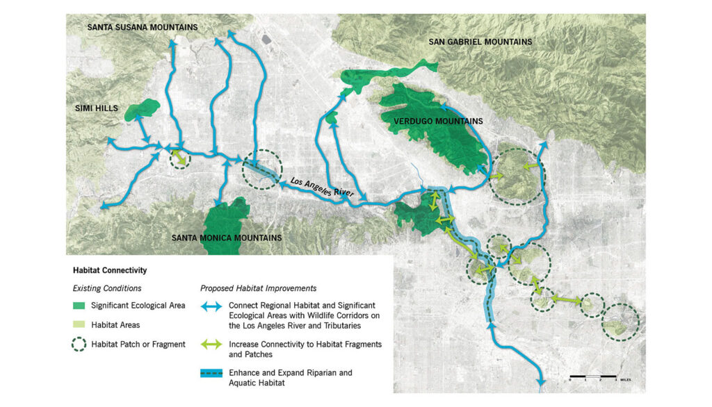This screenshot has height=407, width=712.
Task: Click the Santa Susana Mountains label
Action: (x=142, y=27)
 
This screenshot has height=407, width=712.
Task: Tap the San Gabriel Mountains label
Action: (x=480, y=42)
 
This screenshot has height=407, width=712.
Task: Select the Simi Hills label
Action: (x=97, y=109)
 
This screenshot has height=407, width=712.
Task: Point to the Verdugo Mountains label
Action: (x=438, y=122)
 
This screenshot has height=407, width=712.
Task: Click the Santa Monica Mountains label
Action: (x=227, y=238)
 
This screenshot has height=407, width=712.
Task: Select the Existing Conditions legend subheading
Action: (x=107, y=288)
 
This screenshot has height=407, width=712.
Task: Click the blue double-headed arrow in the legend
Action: (x=211, y=306)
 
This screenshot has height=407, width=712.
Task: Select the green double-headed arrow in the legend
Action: (x=211, y=344)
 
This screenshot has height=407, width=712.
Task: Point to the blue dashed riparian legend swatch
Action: (x=211, y=374)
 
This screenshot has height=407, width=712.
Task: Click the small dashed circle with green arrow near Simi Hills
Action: (x=180, y=158)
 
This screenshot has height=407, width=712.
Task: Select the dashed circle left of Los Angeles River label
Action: (x=262, y=169)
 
